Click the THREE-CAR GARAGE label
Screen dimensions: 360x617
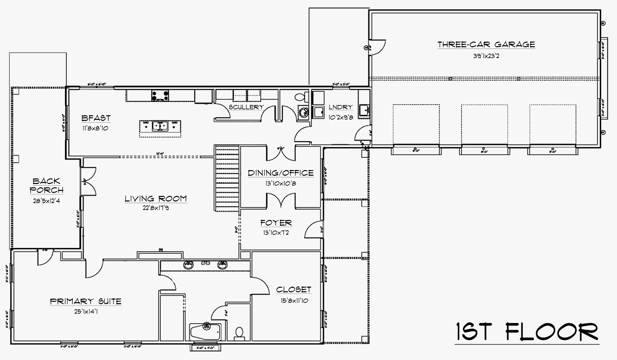pos(486,44)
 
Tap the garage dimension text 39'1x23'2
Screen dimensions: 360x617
pos(486,56)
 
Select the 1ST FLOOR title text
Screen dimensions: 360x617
pos(527,332)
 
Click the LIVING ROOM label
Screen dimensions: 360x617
pos(155,198)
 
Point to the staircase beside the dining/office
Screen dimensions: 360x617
pos(227,178)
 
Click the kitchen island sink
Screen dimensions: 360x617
pos(160,126)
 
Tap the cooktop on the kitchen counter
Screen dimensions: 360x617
pos(160,95)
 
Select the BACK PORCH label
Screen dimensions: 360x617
pos(47,185)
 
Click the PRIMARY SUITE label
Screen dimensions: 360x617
pos(86,301)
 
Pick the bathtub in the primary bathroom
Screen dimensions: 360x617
pos(205,331)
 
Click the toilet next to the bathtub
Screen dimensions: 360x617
pos(239,333)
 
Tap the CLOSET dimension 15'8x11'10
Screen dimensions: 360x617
pos(294,301)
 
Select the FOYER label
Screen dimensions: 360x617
pos(276,223)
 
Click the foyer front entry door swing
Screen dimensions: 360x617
pos(313,230)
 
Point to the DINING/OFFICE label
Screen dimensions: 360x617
pos(281,173)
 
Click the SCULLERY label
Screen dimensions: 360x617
pos(246,107)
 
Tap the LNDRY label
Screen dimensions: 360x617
pos(340,107)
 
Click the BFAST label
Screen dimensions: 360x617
pos(96,118)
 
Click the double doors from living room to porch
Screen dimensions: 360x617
pos(88,181)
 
